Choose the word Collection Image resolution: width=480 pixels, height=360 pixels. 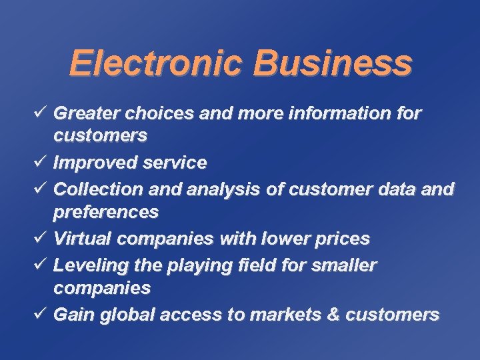(93, 189)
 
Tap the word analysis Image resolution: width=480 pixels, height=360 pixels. (223, 190)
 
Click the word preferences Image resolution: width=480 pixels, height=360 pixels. (106, 213)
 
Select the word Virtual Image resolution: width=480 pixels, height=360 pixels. (78, 238)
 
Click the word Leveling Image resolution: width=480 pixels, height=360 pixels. (84, 265)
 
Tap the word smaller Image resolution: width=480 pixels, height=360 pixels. (343, 265)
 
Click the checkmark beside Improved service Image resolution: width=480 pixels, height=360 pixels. (42, 162)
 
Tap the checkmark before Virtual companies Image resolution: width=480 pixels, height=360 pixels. (42, 237)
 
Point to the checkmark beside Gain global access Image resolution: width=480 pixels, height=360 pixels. (42, 313)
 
